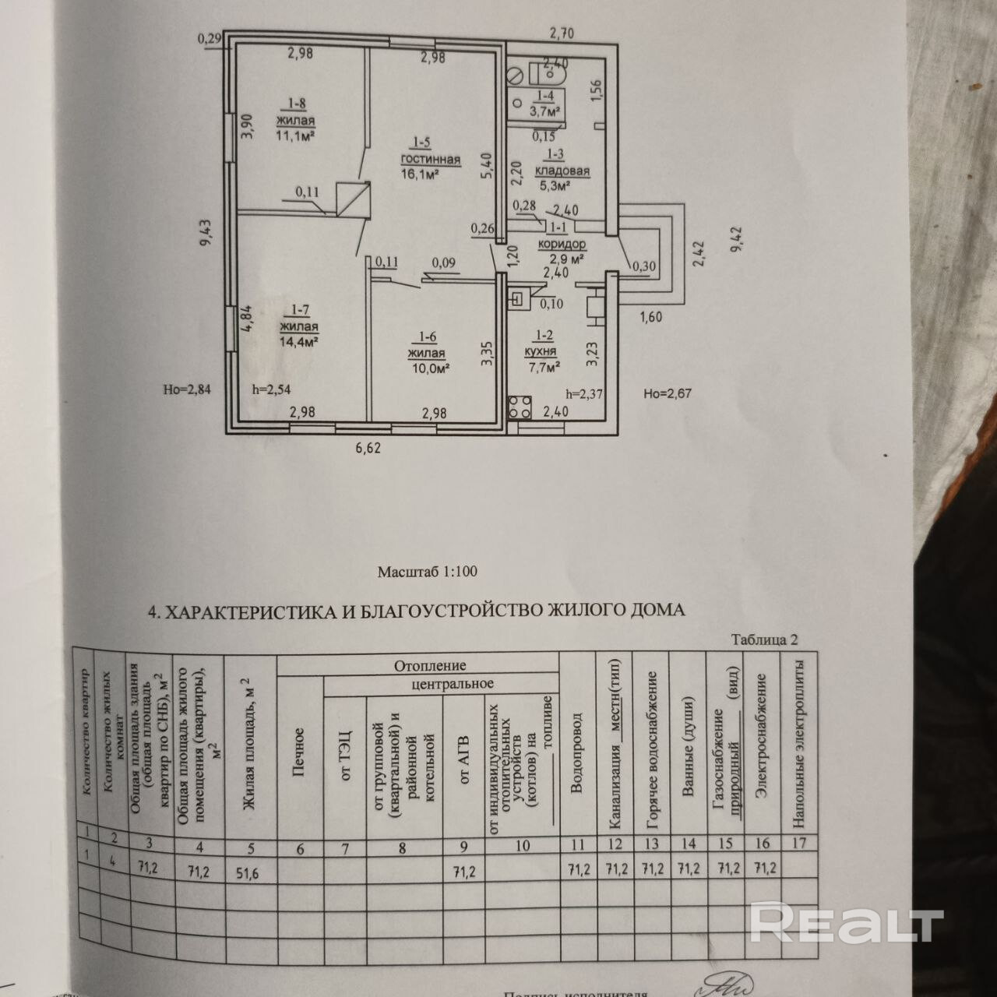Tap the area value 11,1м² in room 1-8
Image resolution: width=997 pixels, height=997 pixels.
pyautogui.click(x=294, y=136)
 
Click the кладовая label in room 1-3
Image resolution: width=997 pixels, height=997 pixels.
pyautogui.click(x=562, y=171)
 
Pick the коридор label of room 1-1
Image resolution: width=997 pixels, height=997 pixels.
pyautogui.click(x=562, y=243)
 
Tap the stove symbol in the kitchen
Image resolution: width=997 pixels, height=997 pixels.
pyautogui.click(x=520, y=406)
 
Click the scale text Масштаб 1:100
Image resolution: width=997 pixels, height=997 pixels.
pyautogui.click(x=427, y=571)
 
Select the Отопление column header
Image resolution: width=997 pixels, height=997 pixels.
pyautogui.click(x=429, y=665)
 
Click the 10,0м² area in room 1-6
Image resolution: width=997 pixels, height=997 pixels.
pyautogui.click(x=428, y=368)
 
